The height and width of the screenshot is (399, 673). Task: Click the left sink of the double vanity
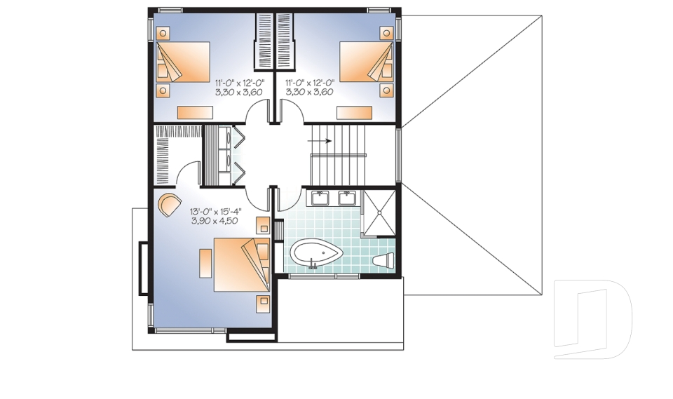320,198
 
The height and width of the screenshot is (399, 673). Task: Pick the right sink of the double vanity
346,198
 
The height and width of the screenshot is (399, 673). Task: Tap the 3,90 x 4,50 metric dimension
215,220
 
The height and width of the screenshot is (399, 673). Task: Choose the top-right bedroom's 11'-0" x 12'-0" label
309,82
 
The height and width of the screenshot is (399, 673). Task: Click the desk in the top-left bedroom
196,111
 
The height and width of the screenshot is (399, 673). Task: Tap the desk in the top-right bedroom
353,111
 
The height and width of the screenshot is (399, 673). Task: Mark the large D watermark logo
592,319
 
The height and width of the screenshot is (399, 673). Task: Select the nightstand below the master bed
262,302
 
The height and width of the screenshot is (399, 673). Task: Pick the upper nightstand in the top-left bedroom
163,33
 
